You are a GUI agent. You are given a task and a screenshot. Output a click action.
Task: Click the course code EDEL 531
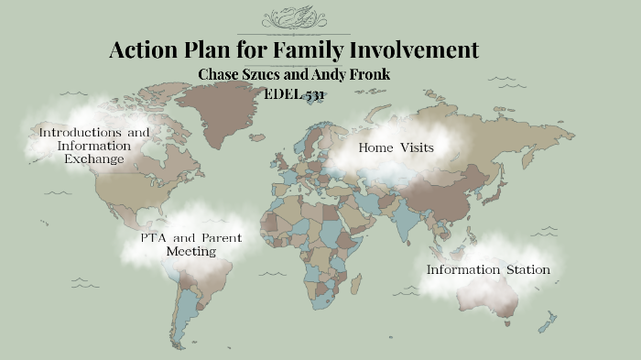click(x=295, y=93)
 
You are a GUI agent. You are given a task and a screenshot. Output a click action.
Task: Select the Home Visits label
click(x=396, y=147)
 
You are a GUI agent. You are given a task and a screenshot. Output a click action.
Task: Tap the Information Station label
click(x=488, y=270)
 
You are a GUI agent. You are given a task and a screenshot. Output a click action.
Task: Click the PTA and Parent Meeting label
click(x=191, y=245)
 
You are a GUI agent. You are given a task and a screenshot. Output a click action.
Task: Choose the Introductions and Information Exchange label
click(x=93, y=146)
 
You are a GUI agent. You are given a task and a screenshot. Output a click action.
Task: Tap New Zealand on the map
click(x=548, y=322)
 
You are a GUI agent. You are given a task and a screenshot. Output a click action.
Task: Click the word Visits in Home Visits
click(x=415, y=147)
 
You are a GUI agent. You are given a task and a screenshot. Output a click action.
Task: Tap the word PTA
click(x=153, y=238)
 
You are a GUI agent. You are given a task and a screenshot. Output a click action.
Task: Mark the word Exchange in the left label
click(x=93, y=159)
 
